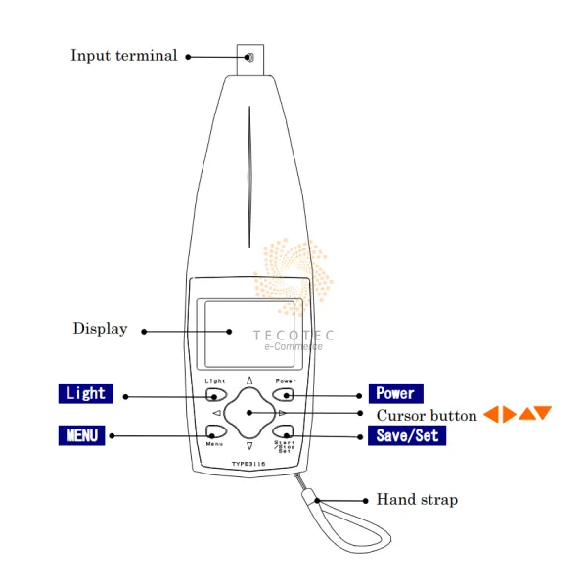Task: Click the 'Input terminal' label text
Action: coord(124,56)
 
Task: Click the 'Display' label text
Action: coord(100,329)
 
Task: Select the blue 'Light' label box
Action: coord(85,393)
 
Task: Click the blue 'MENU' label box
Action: coord(82,434)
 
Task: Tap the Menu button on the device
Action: coord(215,431)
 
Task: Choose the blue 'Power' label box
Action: coord(395,393)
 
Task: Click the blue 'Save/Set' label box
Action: coord(407,434)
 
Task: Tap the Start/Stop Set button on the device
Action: coord(284,431)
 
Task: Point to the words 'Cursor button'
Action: coord(427,415)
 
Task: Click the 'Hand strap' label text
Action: coord(417,500)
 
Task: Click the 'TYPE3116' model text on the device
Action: coord(249,464)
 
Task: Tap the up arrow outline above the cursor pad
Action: coord(249,381)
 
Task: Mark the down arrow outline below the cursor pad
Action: coord(249,448)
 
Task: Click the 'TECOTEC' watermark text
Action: coord(293,335)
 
